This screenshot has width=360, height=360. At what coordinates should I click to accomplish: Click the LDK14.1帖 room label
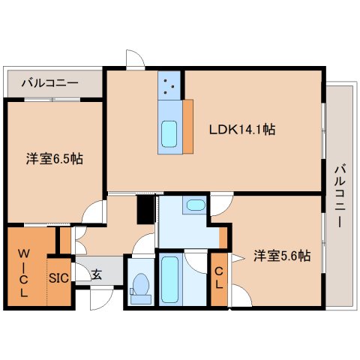click(x=242, y=130)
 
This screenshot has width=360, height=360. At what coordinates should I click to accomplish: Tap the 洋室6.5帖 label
click(x=55, y=158)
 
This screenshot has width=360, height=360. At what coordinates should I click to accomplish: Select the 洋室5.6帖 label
click(x=282, y=256)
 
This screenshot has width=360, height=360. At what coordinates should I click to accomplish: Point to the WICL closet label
click(x=23, y=273)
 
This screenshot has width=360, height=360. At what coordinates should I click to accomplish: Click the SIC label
click(x=58, y=278)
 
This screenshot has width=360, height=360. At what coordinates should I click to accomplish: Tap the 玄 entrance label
click(x=97, y=274)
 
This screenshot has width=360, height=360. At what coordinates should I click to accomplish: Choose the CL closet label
click(x=219, y=277)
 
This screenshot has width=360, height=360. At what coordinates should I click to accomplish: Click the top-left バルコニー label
click(x=49, y=82)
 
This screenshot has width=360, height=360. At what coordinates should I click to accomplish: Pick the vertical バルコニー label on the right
click(x=340, y=195)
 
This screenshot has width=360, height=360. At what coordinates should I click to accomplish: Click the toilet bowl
click(x=141, y=284)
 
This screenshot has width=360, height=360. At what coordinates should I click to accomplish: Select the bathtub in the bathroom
click(x=170, y=280)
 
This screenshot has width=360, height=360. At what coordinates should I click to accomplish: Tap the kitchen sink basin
click(x=169, y=134)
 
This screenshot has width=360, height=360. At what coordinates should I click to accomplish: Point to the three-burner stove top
click(x=169, y=85)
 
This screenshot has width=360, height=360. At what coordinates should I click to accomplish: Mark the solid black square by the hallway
click(x=145, y=209)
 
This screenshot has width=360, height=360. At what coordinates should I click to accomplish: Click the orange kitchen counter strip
click(x=188, y=127)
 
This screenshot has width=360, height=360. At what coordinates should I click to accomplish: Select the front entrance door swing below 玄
click(x=101, y=299)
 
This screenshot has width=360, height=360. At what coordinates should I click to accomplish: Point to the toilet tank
click(x=141, y=299)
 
